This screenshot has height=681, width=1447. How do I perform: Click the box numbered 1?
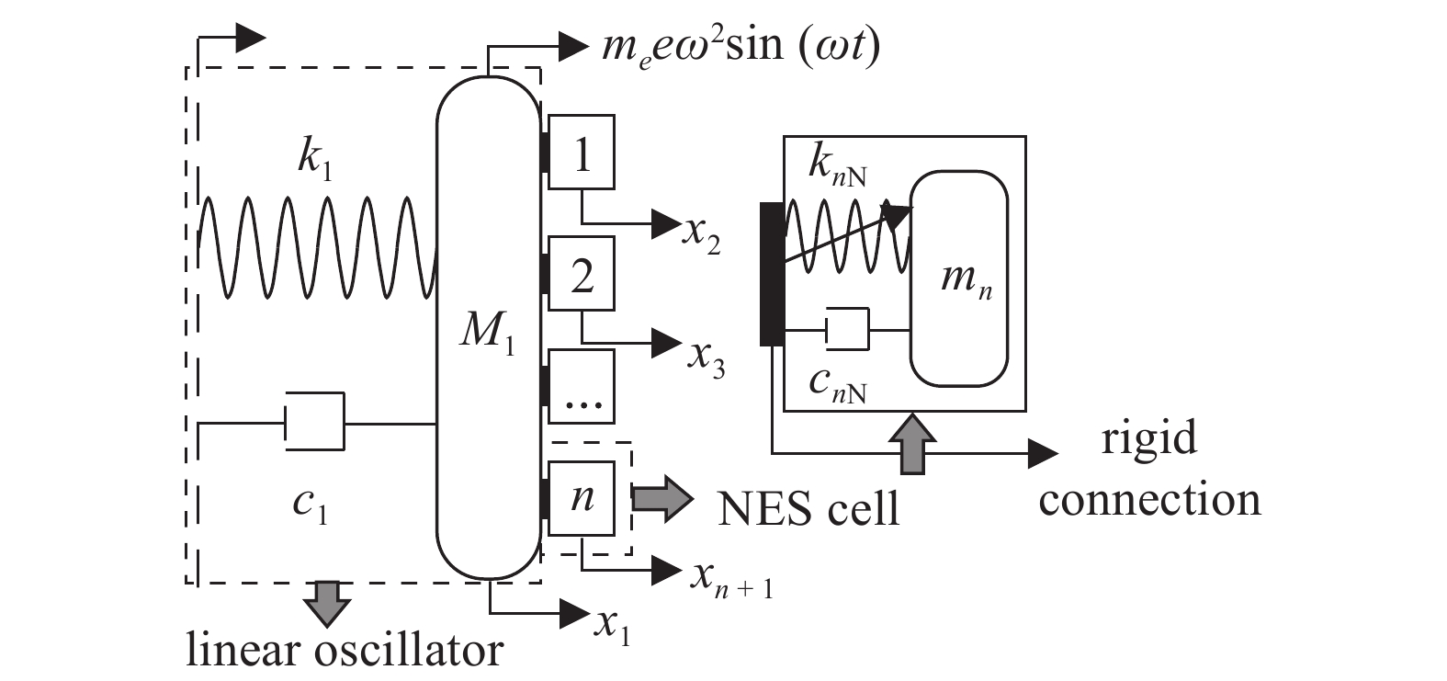pyautogui.click(x=581, y=153)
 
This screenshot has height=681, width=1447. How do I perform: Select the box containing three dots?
pyautogui.click(x=581, y=386)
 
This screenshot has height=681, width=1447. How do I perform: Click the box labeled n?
pyautogui.click(x=581, y=497)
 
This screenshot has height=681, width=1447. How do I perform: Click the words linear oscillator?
pyautogui.click(x=345, y=650)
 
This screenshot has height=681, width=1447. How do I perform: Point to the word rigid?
pyautogui.click(x=1149, y=437)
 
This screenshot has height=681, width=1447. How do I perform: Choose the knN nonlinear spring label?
pyautogui.click(x=836, y=165)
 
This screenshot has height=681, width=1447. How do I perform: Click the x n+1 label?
pyautogui.click(x=731, y=578)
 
